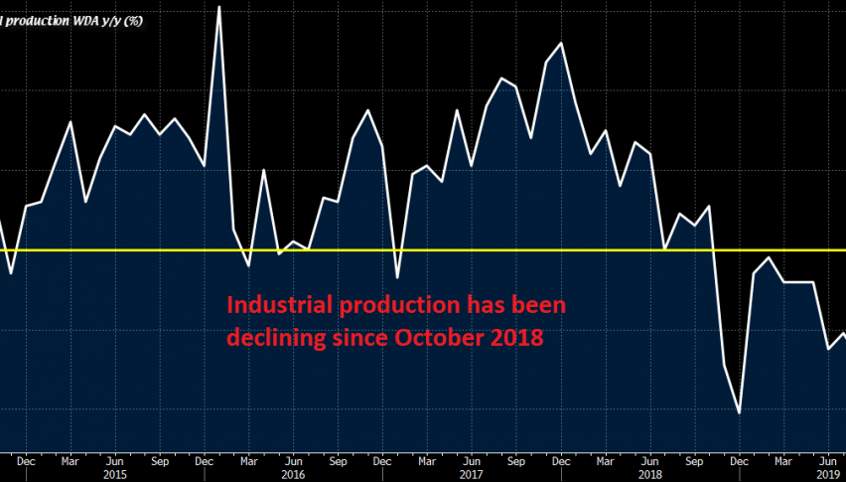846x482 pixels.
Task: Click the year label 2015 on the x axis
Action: [114, 474]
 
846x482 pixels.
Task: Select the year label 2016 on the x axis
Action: [293, 474]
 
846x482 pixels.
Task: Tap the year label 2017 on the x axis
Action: [472, 474]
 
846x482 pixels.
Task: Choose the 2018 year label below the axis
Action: [649, 474]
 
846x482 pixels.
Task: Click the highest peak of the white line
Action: [218, 7]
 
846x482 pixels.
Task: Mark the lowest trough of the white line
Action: [740, 412]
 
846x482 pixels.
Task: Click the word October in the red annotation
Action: [440, 338]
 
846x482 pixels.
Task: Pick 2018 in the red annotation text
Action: [516, 338]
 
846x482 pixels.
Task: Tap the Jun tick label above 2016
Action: [293, 461]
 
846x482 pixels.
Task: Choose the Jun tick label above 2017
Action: [472, 461]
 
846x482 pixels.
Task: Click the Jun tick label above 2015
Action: [114, 461]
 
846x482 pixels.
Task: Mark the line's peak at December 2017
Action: [562, 44]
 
